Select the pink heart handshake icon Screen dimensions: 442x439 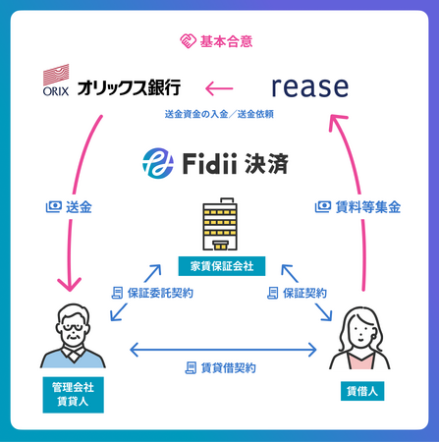tap(189, 41)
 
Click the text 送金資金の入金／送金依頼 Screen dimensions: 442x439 tap(219, 116)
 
